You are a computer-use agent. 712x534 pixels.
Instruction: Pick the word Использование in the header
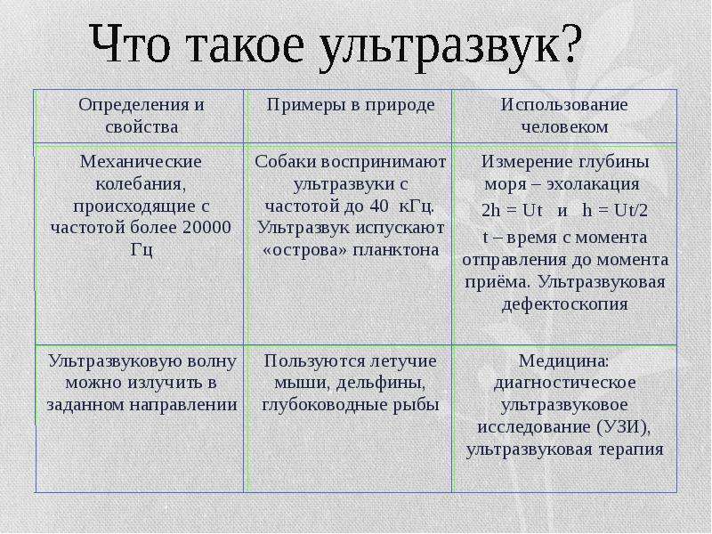564,105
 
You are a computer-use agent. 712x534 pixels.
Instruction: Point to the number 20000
206,227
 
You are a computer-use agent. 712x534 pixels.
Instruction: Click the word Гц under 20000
142,250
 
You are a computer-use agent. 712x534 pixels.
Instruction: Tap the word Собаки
286,162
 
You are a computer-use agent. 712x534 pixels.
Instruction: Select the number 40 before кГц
379,206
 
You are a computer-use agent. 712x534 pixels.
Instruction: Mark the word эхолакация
593,184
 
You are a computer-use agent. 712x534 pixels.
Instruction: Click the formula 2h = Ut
512,210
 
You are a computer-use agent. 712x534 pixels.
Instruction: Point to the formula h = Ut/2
615,210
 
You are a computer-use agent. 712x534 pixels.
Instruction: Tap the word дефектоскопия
564,304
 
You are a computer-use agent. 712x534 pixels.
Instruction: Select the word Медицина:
563,361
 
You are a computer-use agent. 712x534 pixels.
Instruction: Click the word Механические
141,162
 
